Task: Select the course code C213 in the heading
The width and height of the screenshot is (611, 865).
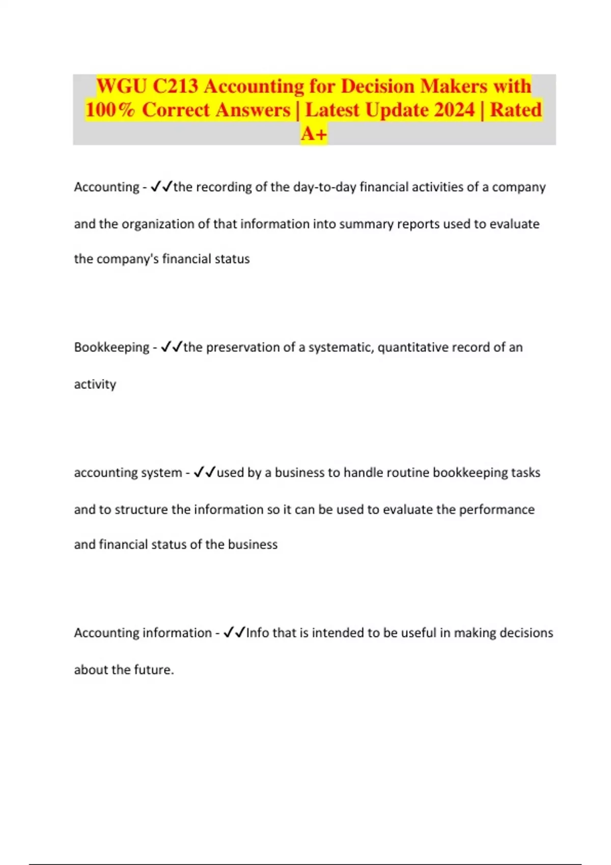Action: pos(175,86)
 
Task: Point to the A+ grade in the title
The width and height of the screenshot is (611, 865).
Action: pos(314,134)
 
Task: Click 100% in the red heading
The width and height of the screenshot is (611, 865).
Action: pos(110,110)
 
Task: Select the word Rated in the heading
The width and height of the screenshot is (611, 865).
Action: pos(516,110)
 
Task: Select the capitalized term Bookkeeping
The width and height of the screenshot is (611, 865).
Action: pos(112,348)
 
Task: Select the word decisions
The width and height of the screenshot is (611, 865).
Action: pos(526,633)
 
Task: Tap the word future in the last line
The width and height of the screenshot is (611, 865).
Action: pos(153,670)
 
